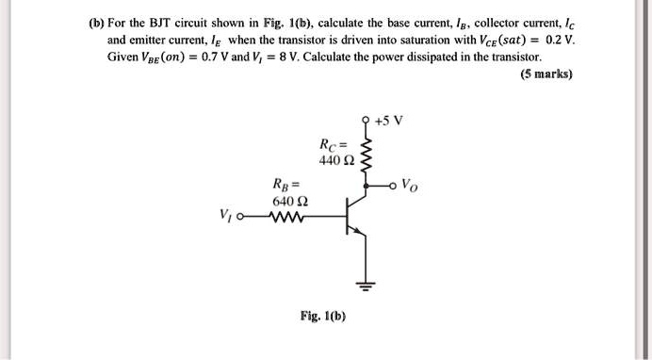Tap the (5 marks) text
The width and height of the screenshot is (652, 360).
coord(545,74)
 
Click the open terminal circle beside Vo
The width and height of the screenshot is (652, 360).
coord(397,185)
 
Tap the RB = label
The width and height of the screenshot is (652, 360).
coord(284,184)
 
